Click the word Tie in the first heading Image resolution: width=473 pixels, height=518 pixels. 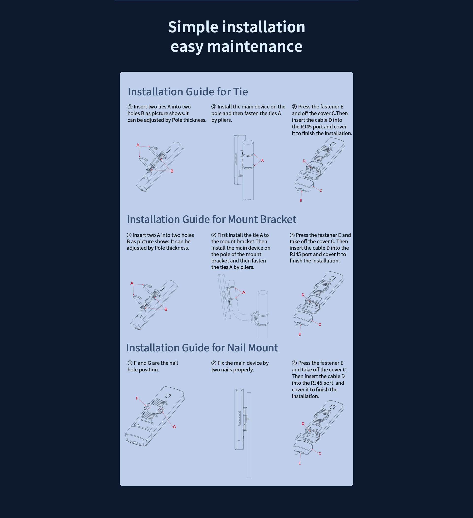pos(240,92)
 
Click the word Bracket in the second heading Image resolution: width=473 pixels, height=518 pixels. pos(278,219)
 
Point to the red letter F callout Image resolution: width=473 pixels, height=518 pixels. pos(137,398)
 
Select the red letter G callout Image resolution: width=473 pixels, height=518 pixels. pos(174,427)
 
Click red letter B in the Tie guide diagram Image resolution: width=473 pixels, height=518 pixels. pos(172,171)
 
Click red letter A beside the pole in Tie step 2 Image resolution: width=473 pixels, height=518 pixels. pos(262,160)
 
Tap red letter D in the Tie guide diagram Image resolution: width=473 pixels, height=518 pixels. pos(304,161)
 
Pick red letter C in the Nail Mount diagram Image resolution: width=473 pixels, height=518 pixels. pos(320,453)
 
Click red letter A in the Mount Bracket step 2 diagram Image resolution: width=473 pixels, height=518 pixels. pos(244,293)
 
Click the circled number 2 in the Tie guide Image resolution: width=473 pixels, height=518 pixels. pos(214,107)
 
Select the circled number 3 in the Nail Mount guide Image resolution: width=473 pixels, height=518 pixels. pos(294,363)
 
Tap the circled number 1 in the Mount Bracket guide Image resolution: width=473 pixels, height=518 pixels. pos(129,235)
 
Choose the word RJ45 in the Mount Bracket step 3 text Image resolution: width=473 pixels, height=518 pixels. pos(295,254)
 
